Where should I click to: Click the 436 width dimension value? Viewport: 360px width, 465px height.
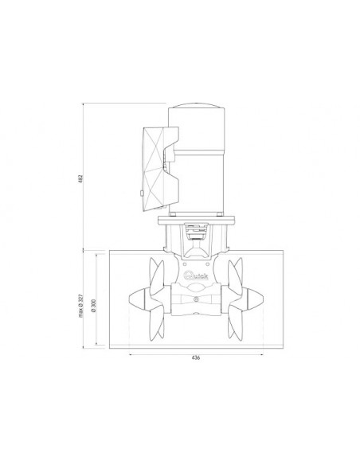(x=196, y=358)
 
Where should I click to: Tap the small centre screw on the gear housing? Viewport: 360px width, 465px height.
(x=196, y=299)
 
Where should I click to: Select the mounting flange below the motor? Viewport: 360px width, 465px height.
(x=195, y=217)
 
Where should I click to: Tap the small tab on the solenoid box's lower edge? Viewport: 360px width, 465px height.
(x=139, y=193)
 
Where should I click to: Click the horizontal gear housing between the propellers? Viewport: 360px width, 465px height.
(x=196, y=300)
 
